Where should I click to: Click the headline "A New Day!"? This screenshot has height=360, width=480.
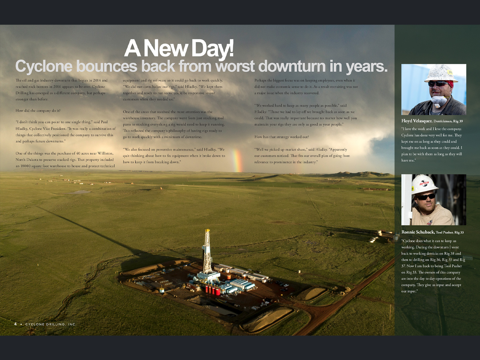click(179, 49)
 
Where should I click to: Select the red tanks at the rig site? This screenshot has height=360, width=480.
click(213, 290)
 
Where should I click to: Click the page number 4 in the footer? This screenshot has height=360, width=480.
click(15, 324)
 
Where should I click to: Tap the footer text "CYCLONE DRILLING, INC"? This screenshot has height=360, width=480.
click(51, 324)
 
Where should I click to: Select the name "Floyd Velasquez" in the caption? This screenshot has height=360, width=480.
click(417, 121)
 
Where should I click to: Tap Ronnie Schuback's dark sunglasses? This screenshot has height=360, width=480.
click(426, 197)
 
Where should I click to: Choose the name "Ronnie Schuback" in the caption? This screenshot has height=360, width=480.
click(418, 232)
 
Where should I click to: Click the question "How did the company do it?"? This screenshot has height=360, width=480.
click(38, 111)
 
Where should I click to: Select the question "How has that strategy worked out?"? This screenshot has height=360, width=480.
click(282, 137)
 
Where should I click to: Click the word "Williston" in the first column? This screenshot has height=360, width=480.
click(105, 153)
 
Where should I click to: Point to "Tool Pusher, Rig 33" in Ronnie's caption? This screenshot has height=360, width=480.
click(450, 232)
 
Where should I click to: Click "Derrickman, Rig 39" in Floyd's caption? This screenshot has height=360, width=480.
click(448, 121)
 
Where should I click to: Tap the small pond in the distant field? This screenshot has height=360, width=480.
click(79, 192)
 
